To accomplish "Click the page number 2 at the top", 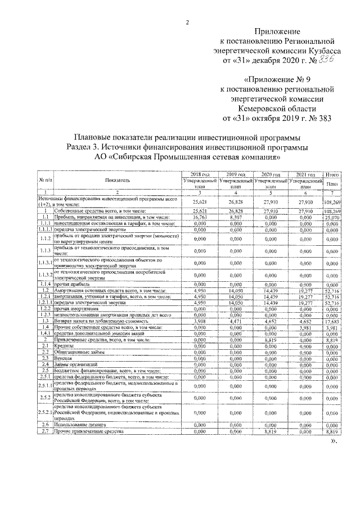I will tap(188, 22).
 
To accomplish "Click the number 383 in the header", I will tap(321, 119).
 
